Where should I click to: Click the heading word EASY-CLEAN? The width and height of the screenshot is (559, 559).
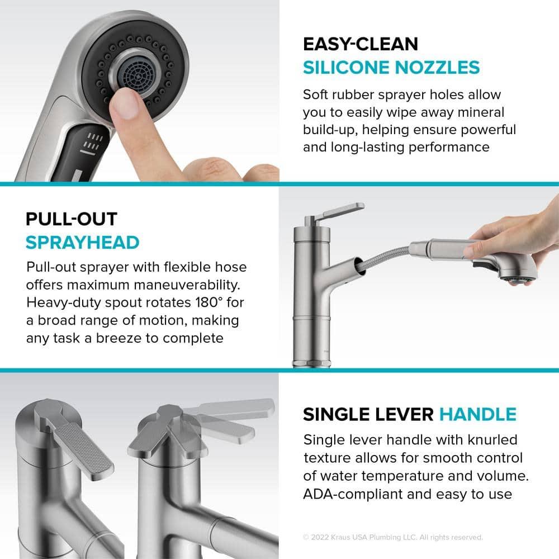pos(360,44)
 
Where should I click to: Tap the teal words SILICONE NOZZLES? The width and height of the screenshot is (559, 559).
pos(391,68)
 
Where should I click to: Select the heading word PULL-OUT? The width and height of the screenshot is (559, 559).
pos(72,219)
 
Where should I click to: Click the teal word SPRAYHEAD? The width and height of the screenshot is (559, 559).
pos(82,243)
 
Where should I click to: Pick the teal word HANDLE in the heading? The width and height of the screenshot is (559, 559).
pos(477,414)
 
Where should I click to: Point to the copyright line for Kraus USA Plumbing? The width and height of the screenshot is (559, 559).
pos(392,537)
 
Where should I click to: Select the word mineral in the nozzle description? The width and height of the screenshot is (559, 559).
pos(479,112)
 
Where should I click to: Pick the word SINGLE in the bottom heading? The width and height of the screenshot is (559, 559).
pos(334,414)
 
